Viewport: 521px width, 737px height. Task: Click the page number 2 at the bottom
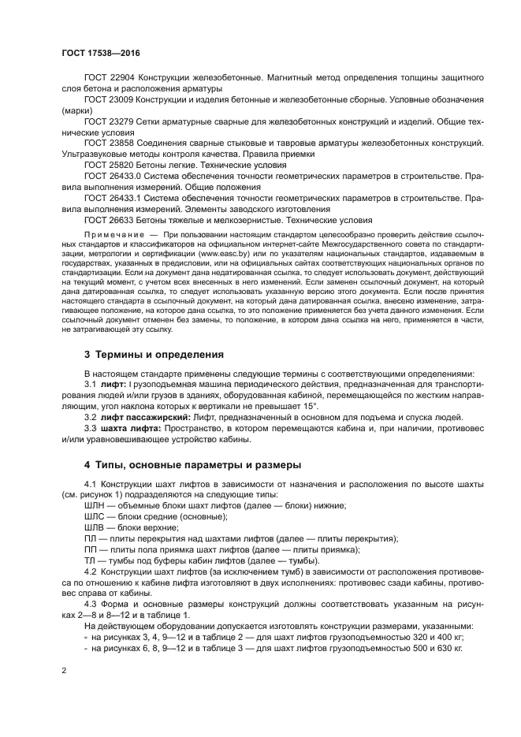[63, 670]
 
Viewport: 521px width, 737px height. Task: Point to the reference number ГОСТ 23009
[109, 101]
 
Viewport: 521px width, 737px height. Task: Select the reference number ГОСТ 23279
[109, 123]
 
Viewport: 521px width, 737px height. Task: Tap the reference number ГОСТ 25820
[109, 166]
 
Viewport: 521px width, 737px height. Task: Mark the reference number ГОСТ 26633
[109, 221]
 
